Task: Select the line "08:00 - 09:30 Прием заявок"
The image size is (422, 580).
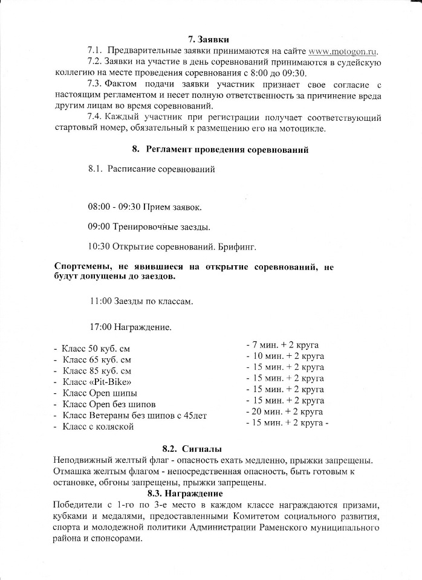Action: coord(145,207)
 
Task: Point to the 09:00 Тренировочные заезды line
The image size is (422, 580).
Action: coord(149,227)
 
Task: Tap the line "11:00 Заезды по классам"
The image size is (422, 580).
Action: coord(142,301)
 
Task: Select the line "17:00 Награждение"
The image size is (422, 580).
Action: coord(130,327)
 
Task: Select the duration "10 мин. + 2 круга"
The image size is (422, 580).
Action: coord(285,356)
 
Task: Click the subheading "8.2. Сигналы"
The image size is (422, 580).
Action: coord(192,449)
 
